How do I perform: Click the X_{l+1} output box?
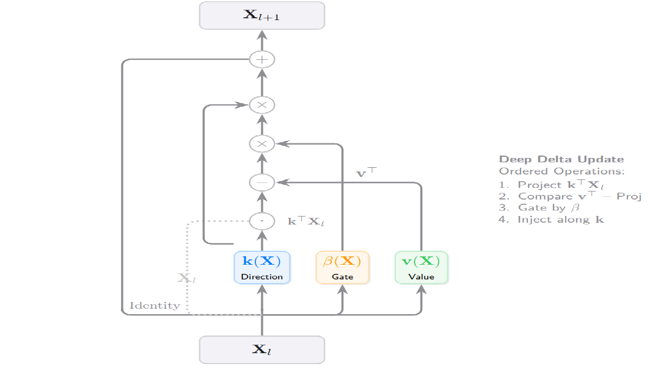pyautogui.click(x=262, y=15)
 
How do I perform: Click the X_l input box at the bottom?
pyautogui.click(x=262, y=350)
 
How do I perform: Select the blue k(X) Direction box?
pyautogui.click(x=262, y=267)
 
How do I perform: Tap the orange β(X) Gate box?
pyautogui.click(x=342, y=267)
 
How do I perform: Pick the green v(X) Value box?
pyautogui.click(x=422, y=267)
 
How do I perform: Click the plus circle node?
pyautogui.click(x=262, y=60)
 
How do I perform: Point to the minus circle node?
pyautogui.click(x=262, y=182)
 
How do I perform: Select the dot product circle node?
pyautogui.click(x=262, y=220)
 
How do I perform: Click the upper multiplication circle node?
pyautogui.click(x=262, y=105)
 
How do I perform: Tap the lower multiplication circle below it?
pyautogui.click(x=262, y=144)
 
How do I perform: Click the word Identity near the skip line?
pyautogui.click(x=155, y=305)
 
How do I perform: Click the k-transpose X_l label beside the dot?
pyautogui.click(x=306, y=221)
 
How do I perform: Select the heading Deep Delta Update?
pyautogui.click(x=561, y=160)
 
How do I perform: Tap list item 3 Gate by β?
pyautogui.click(x=540, y=207)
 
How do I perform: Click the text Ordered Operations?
pyautogui.click(x=562, y=171)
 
